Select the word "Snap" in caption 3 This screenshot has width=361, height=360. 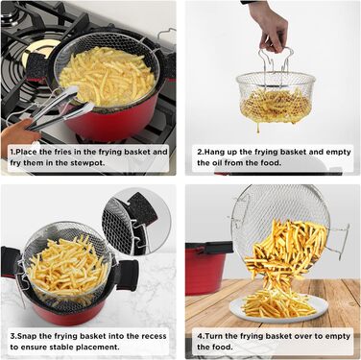click(x=27, y=336)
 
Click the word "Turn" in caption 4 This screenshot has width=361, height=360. click(x=214, y=336)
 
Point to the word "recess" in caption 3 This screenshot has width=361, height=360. click(x=154, y=336)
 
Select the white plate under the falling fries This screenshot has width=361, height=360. click(x=278, y=308)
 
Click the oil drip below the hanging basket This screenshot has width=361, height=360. click(x=257, y=129)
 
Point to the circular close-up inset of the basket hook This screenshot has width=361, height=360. click(x=136, y=222)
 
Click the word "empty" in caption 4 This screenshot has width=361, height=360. click(x=338, y=337)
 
